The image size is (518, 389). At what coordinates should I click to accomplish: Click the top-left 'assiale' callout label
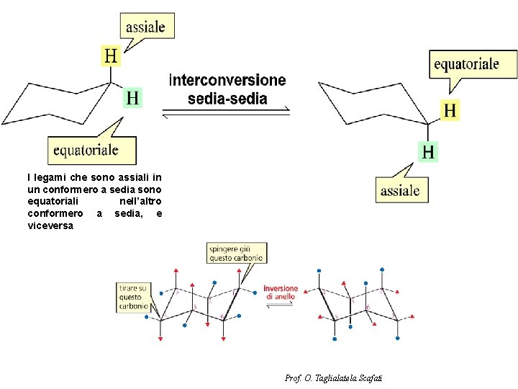(x=145, y=28)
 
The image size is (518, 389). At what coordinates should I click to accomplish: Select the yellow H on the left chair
(x=111, y=55)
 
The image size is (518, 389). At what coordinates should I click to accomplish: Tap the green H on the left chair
(x=132, y=97)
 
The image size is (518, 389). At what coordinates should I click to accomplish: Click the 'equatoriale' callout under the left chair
(x=86, y=150)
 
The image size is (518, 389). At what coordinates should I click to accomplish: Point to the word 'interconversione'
(x=227, y=81)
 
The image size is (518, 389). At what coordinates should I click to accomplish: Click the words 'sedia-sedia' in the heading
(x=227, y=98)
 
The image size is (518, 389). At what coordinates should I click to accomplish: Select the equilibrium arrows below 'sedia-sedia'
(x=226, y=112)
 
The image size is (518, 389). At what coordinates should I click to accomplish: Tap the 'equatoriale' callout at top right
(x=465, y=64)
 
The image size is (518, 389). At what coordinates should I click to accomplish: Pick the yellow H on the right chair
(x=450, y=110)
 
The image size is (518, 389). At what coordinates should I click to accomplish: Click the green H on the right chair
(x=428, y=151)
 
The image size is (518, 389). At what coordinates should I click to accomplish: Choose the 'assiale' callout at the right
(x=400, y=190)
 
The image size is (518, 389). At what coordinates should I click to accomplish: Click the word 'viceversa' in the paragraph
(x=50, y=225)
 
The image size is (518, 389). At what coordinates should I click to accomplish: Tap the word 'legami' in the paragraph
(x=55, y=177)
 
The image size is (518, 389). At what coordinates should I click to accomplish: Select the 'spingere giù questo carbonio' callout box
(x=237, y=253)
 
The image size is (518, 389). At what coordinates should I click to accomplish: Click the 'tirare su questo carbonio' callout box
(x=135, y=297)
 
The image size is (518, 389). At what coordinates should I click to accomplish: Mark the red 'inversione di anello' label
(x=281, y=292)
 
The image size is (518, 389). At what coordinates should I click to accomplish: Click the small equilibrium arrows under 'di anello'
(x=281, y=305)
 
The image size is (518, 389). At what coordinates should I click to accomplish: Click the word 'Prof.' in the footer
(x=293, y=377)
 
